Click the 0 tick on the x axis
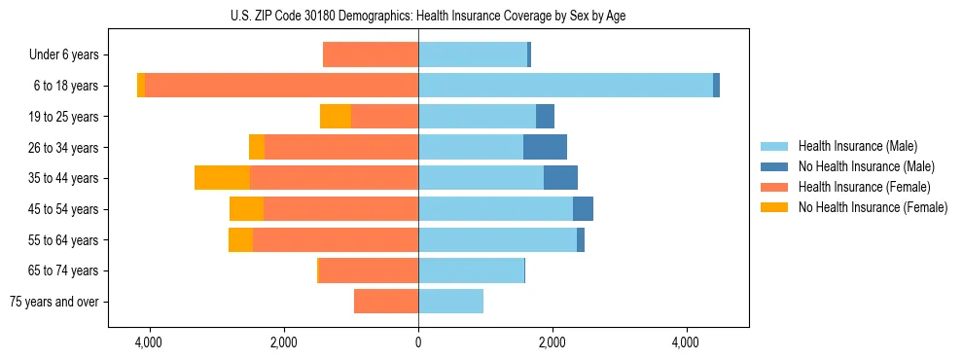point(418,343)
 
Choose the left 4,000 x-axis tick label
point(150,343)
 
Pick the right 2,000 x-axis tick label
point(552,343)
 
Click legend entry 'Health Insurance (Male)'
point(857,146)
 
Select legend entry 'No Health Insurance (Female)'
point(873,207)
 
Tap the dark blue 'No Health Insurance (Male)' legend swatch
point(775,166)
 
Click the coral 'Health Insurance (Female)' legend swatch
point(775,187)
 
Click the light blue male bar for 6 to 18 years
point(565,86)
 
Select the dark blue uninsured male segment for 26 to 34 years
point(545,147)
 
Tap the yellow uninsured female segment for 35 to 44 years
point(222,178)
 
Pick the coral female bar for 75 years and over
point(386,302)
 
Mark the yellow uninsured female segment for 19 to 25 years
point(336,117)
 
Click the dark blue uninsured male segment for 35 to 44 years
point(560,178)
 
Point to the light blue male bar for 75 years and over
point(450,302)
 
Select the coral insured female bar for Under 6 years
point(371,54)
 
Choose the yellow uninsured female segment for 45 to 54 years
point(246,209)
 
